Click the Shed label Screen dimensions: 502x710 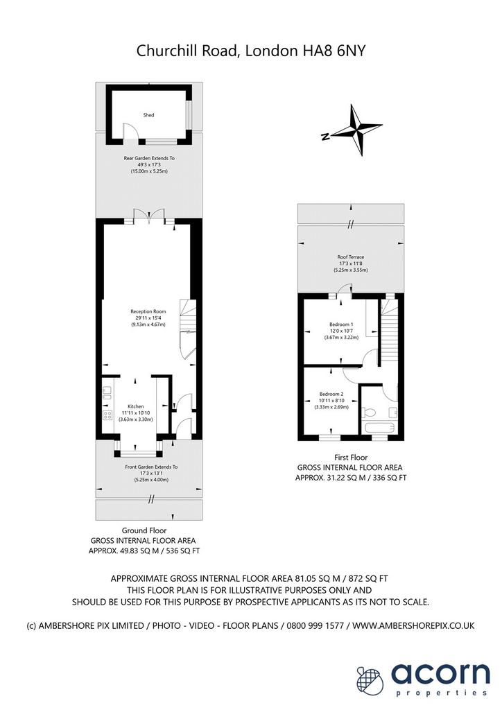click(148, 115)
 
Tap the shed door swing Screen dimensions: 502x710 click(130, 132)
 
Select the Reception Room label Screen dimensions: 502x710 click(148, 311)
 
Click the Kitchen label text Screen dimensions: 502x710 click(135, 406)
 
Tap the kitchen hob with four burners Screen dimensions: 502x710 click(107, 415)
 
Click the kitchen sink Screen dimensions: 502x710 click(107, 392)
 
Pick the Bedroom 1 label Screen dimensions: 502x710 click(341, 324)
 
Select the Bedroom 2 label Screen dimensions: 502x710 click(331, 394)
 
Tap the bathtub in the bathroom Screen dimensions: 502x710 click(379, 428)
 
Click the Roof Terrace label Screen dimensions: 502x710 click(350, 257)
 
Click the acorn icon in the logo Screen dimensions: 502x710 click(370, 679)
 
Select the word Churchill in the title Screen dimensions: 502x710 click(162, 51)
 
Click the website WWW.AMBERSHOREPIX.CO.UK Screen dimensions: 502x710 click(413, 626)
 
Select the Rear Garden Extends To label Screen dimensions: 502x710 click(149, 159)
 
